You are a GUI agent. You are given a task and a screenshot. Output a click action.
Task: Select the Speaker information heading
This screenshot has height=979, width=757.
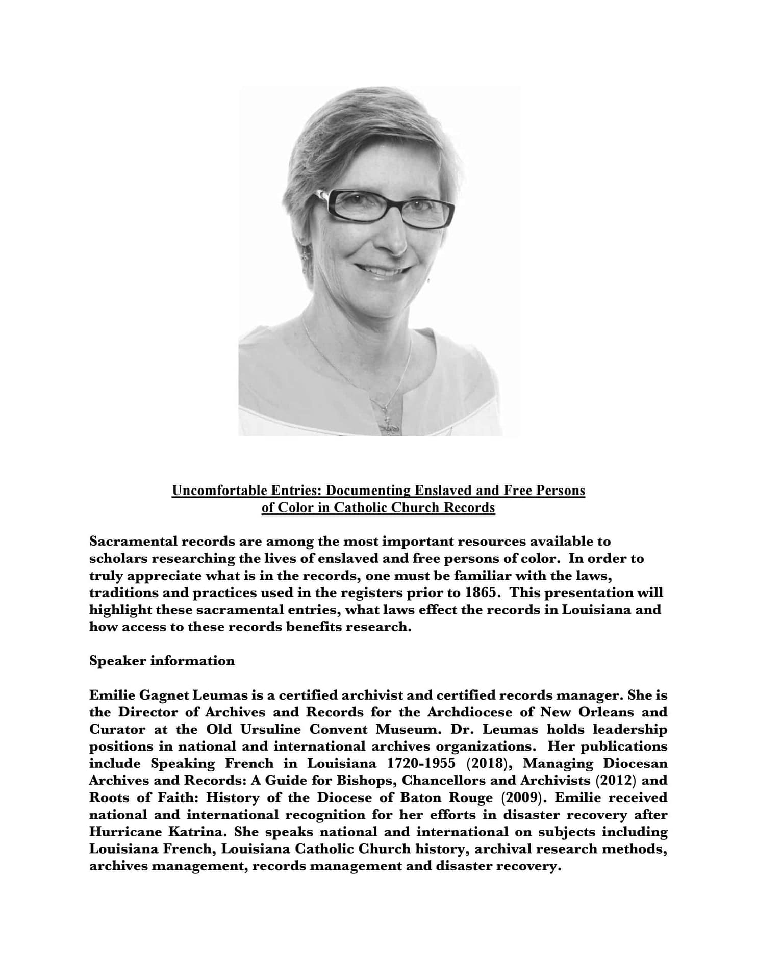coord(162,661)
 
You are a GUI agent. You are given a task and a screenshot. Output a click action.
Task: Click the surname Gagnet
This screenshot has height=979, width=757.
coord(163,695)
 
